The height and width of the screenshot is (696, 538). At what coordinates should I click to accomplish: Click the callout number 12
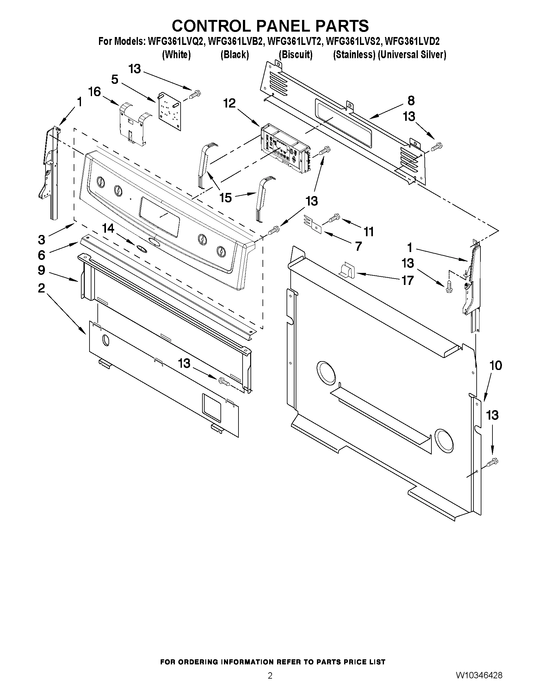click(x=230, y=103)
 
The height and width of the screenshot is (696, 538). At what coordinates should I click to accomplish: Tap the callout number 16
click(x=95, y=92)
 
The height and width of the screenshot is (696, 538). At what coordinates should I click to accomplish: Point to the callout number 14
click(x=108, y=229)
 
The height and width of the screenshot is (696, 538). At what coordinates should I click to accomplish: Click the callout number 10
click(x=496, y=366)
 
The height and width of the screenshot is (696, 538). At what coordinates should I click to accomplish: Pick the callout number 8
click(x=411, y=101)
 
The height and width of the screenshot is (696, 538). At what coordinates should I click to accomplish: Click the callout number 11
click(x=369, y=231)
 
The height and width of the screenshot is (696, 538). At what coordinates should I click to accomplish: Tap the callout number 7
click(x=358, y=246)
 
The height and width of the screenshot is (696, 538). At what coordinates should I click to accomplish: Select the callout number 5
click(x=115, y=79)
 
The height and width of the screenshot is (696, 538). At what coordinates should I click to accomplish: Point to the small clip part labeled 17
click(x=347, y=270)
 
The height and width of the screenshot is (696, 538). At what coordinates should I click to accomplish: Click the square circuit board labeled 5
click(x=170, y=112)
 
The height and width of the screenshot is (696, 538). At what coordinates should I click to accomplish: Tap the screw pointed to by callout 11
click(x=333, y=218)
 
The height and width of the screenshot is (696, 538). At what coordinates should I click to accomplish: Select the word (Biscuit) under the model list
click(x=295, y=55)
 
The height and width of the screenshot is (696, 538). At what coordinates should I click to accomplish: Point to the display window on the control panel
click(x=159, y=217)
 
